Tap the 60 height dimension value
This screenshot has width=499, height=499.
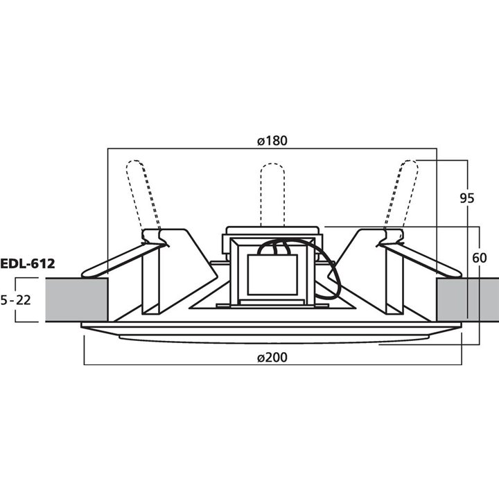[479, 258]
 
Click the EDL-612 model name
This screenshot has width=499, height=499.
[28, 263]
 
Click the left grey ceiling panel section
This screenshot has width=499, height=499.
[76, 299]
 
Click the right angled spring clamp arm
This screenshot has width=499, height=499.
[426, 256]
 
